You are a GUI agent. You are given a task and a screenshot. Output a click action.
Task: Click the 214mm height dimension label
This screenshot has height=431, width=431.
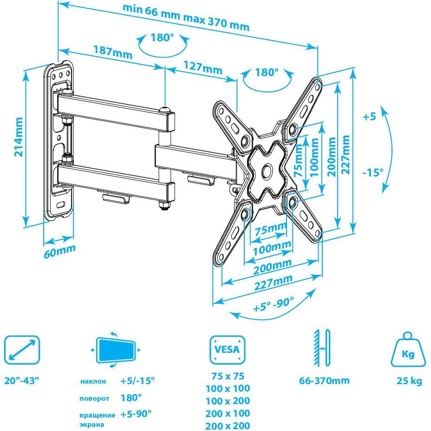click(x=19, y=137)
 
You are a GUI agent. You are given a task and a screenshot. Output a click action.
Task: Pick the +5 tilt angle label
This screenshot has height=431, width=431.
click(x=369, y=117)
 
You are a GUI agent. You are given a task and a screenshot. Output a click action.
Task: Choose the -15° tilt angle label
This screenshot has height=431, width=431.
click(x=373, y=172)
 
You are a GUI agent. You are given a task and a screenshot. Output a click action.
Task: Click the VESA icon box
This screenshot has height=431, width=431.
click(x=227, y=349)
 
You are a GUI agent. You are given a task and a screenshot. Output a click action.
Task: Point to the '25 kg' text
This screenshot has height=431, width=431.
click(x=409, y=381)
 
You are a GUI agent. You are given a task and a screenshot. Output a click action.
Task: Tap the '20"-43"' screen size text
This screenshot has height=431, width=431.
click(x=22, y=381)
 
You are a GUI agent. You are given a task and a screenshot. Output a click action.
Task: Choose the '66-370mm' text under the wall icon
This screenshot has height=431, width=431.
click(x=324, y=381)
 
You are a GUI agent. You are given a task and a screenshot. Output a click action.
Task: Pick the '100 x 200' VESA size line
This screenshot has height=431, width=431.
click(x=227, y=401)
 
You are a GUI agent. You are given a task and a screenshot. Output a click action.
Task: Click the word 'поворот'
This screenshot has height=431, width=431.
click(x=94, y=398)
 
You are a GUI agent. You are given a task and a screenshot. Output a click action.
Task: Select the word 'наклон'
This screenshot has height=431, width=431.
click(x=93, y=382)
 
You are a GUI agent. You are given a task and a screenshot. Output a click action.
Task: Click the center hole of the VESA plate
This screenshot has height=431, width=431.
click(x=268, y=171)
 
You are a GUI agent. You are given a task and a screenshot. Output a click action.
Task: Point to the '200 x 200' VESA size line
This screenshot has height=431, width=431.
click(x=227, y=425)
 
